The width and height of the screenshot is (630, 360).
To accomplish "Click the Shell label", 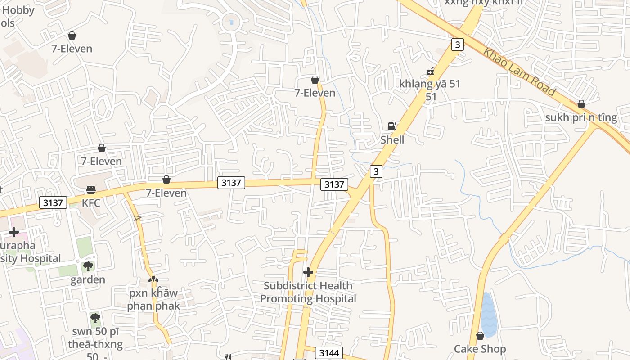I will click(392, 140).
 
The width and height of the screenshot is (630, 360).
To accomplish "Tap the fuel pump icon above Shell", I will click(392, 126).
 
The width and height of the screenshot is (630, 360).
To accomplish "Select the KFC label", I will click(91, 203).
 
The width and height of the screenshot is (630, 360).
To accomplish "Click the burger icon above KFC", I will click(91, 190).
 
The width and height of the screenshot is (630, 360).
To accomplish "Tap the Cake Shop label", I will click(480, 349).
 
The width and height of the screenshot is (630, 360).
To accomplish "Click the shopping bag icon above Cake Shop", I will click(480, 336).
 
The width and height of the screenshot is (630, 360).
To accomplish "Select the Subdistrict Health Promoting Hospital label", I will click(308, 292).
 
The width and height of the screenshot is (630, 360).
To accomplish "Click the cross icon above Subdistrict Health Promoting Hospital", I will click(308, 272).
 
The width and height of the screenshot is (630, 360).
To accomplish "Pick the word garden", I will click(88, 279).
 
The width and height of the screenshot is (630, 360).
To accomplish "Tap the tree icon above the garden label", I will click(88, 266).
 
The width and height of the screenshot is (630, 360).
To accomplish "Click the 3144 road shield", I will click(328, 353).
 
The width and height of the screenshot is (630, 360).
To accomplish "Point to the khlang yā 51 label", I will click(430, 84).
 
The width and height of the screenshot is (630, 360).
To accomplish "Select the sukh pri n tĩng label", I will click(581, 117).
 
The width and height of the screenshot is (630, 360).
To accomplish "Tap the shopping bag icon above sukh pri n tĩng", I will click(581, 104).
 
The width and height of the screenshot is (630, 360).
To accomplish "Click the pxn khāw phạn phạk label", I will click(153, 299).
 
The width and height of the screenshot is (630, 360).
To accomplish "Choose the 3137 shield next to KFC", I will click(53, 202).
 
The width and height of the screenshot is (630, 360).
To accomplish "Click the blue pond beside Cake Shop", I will click(488, 315).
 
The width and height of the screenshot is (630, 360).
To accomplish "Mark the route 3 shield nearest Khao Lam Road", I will click(457, 45).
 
